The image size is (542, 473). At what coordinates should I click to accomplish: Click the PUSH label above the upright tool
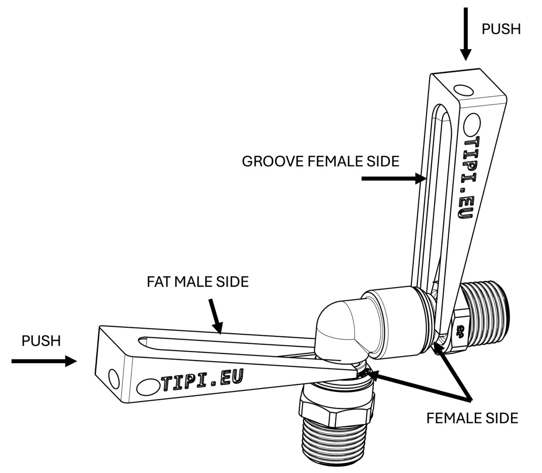[x=500, y=29]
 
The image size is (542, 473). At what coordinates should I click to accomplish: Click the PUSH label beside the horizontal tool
[x=41, y=341]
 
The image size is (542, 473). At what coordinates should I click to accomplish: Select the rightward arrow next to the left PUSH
[x=44, y=361]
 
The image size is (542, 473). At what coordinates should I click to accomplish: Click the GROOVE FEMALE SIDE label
[x=320, y=162]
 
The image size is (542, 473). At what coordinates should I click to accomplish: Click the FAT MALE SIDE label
[x=198, y=282]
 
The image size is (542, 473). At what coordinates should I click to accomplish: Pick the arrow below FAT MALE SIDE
[x=216, y=316]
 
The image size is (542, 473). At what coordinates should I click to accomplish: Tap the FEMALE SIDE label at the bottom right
[x=472, y=418]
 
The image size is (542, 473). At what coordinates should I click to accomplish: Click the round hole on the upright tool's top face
[x=463, y=91]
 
